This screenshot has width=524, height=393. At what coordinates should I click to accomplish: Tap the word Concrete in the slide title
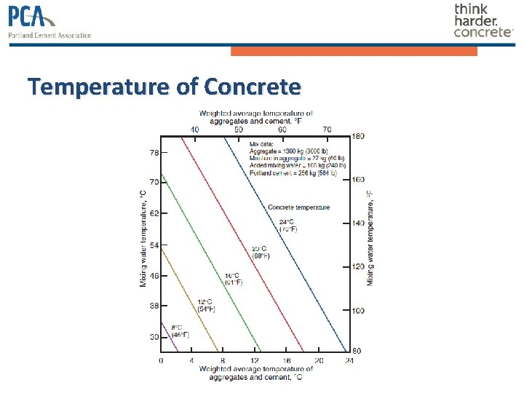tap(253, 87)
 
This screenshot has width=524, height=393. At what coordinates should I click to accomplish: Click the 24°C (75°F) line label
tap(287, 225)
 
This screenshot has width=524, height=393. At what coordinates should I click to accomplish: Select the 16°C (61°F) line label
tap(233, 279)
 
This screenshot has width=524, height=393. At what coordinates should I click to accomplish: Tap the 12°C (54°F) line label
tap(207, 305)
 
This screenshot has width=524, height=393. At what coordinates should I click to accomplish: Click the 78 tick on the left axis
tap(154, 153)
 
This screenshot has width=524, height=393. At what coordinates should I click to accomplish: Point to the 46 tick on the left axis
tap(154, 276)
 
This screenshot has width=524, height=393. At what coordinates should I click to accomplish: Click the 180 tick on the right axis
tap(357, 136)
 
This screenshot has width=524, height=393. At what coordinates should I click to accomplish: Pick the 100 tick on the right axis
tap(357, 311)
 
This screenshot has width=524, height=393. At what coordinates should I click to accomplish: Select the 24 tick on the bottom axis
tap(349, 360)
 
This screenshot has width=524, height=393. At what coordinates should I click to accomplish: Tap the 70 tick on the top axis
tap(327, 129)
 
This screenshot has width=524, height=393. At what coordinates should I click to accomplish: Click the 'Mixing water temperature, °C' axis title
tap(143, 237)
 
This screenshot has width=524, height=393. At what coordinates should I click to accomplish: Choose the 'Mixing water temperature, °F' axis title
tap(370, 237)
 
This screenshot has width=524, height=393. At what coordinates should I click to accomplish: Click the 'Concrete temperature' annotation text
tap(298, 207)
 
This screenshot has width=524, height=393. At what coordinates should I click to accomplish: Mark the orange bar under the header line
tap(354, 51)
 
